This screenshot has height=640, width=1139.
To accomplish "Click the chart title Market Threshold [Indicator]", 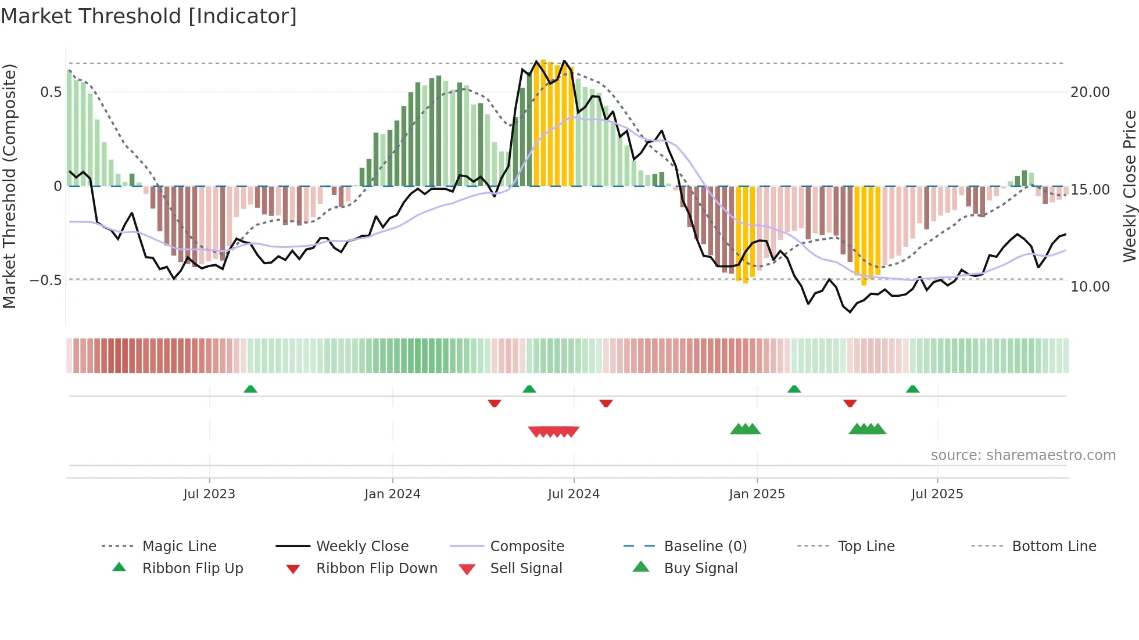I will pos(149,16).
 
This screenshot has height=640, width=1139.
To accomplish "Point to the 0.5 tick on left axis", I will pos(51,92).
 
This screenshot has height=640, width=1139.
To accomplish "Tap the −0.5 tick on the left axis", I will pos(46,281).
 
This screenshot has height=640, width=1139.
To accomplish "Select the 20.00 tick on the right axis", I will pos(1090,92).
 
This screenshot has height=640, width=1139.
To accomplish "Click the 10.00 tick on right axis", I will pos(1090,287).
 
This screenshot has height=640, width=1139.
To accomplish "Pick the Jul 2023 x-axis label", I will pos(209,494).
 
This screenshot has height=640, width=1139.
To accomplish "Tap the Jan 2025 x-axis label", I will pos(757,494).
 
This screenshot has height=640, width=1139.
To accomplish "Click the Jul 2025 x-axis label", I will pos(937,494).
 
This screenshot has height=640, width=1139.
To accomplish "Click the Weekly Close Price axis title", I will pos(1129,186).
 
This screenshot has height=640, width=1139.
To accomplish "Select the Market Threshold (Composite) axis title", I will pos(9,186).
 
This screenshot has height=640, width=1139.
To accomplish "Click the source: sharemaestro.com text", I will pos(1023,455).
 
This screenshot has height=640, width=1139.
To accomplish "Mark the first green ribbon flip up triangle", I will pos(250,389).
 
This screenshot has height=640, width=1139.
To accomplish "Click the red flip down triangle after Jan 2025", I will pos(850,403).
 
